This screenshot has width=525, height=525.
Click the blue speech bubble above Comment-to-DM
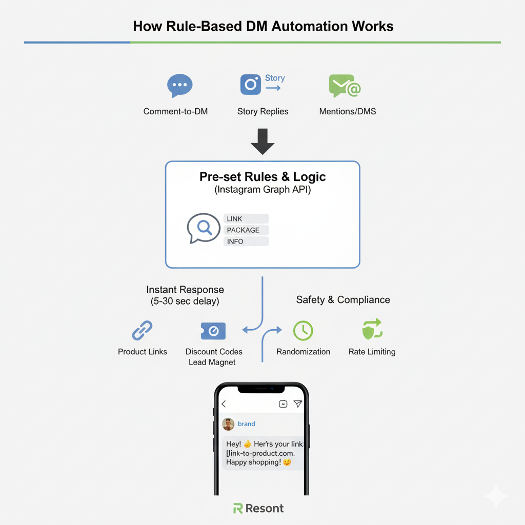pyautogui.click(x=179, y=85)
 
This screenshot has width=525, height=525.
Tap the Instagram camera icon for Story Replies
pyautogui.click(x=251, y=85)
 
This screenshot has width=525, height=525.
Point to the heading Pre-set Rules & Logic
pyautogui.click(x=262, y=177)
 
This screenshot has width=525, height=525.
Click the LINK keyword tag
pyautogui.click(x=246, y=219)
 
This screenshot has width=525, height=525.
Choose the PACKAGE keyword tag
pyautogui.click(x=246, y=230)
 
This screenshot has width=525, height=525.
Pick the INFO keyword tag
pyautogui.click(x=246, y=241)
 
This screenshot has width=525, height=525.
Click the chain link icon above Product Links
pyautogui.click(x=143, y=331)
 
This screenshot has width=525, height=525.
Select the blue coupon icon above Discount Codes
pyautogui.click(x=213, y=331)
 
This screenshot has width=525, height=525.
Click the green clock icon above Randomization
pyautogui.click(x=303, y=331)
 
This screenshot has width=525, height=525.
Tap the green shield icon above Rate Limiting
pyautogui.click(x=372, y=329)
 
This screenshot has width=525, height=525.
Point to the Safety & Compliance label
pyautogui.click(x=343, y=300)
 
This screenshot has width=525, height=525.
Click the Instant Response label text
pyautogui.click(x=185, y=290)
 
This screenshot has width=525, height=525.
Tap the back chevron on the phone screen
pyautogui.click(x=224, y=404)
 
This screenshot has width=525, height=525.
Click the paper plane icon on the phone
pyautogui.click(x=298, y=404)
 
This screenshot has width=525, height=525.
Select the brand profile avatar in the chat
pyautogui.click(x=228, y=424)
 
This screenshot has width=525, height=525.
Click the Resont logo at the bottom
pyautogui.click(x=258, y=509)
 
